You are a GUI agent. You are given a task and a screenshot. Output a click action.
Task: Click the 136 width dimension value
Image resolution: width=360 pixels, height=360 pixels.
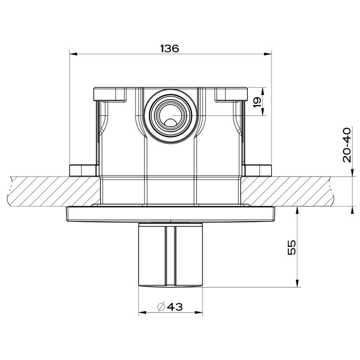click(169, 48)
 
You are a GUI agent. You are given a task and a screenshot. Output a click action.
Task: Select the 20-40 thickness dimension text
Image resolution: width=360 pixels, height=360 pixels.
click(347, 144)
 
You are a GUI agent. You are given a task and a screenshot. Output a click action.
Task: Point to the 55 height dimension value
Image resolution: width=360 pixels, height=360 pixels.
click(291, 247)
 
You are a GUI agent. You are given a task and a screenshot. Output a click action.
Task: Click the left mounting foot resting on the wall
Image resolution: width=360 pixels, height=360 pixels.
click(83, 170)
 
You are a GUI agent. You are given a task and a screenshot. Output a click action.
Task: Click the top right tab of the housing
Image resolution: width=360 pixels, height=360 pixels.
click(231, 94)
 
